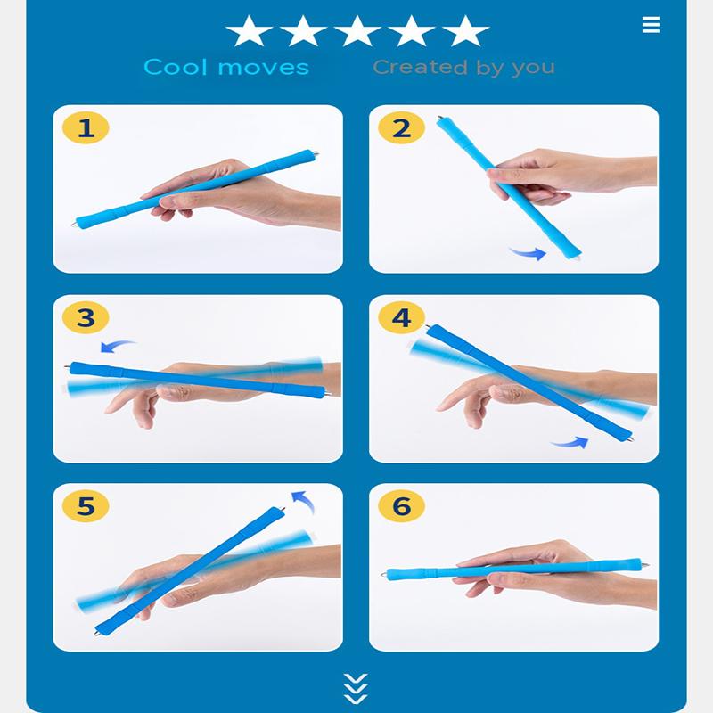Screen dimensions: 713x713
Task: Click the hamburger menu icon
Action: click(651, 25)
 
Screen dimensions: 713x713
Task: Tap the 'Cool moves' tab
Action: click(226, 68)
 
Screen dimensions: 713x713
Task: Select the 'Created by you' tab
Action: click(463, 68)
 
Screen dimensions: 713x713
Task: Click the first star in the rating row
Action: click(249, 30)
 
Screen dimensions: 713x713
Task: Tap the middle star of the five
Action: click(357, 30)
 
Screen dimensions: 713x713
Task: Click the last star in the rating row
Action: click(465, 30)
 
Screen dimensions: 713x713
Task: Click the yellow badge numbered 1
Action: click(86, 127)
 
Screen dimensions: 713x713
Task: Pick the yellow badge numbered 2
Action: click(402, 127)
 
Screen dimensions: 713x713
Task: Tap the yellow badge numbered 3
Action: click(86, 317)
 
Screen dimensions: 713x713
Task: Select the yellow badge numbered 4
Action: click(402, 317)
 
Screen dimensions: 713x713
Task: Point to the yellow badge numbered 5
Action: click(86, 506)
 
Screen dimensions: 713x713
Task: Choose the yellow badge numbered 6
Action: click(402, 506)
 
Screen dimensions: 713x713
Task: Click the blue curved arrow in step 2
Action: click(529, 253)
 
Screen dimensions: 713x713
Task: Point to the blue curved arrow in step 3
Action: click(116, 344)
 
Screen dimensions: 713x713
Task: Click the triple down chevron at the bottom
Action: click(356, 688)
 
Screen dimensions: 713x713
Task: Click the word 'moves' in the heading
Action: click(264, 68)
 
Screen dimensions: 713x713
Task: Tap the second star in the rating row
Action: click(303, 30)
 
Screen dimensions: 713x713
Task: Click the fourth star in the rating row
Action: click(411, 30)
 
